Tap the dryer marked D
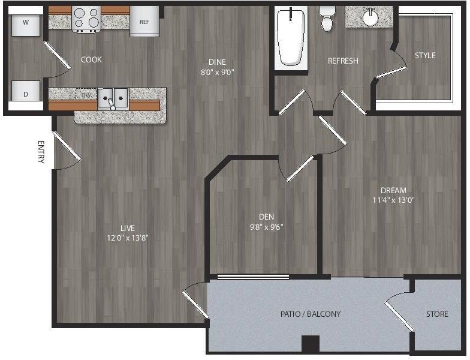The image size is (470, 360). (25, 91)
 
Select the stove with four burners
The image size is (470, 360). (86, 19)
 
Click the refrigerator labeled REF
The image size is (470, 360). (144, 22)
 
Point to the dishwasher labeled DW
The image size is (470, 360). (86, 95)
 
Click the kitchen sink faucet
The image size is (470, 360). (112, 103)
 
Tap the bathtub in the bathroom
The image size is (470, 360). (291, 37)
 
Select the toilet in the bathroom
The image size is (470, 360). (326, 19)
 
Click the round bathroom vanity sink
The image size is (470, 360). (371, 18)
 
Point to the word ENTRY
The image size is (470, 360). (41, 151)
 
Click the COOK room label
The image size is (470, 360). (91, 60)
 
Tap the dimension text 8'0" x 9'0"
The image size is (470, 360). (217, 72)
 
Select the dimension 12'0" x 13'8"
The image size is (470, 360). (128, 238)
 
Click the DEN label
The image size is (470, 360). (266, 217)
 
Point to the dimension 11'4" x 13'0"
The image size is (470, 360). (393, 200)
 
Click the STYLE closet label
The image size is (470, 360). (425, 55)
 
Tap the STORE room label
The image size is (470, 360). (438, 314)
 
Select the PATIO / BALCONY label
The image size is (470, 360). (311, 314)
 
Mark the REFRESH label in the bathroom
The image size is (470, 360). (343, 61)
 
